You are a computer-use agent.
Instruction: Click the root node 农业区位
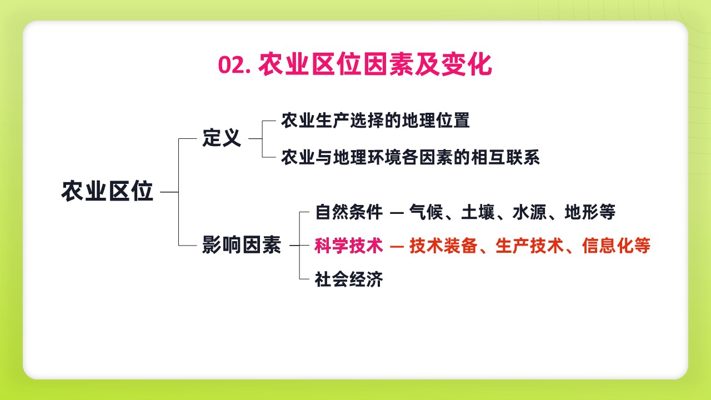click(107, 192)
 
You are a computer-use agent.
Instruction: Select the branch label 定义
click(222, 138)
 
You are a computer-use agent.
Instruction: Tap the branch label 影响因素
click(242, 245)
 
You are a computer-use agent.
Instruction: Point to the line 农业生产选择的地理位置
click(375, 121)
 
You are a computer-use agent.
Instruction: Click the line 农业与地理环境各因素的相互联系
click(410, 157)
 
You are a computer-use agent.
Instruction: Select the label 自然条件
click(349, 212)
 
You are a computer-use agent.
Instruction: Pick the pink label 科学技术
click(349, 246)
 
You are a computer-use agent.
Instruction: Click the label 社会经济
click(349, 279)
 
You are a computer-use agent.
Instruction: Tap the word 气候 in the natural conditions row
click(426, 212)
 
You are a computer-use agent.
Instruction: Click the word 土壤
click(478, 212)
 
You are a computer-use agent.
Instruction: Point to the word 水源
click(529, 212)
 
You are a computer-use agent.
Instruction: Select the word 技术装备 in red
click(443, 246)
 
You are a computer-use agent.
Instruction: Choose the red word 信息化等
click(616, 246)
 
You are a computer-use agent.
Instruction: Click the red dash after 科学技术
click(397, 246)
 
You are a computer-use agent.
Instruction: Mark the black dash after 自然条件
click(397, 213)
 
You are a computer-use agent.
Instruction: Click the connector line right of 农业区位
click(169, 192)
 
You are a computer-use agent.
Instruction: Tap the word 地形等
click(590, 212)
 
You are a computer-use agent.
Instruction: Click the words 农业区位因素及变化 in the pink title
click(375, 65)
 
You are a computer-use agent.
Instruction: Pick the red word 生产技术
click(529, 246)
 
